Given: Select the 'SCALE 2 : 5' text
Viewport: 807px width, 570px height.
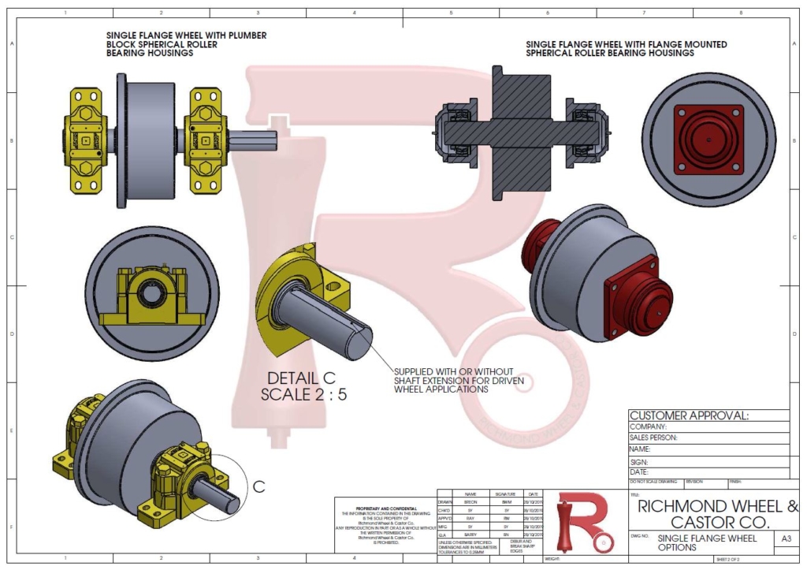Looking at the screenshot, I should (304, 394).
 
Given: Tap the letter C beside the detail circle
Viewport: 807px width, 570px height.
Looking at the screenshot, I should (258, 486).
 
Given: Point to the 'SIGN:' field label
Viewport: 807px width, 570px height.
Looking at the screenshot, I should (639, 461).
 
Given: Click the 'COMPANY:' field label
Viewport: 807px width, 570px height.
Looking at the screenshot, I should (649, 427).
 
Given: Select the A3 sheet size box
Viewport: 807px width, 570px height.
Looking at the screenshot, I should (785, 538).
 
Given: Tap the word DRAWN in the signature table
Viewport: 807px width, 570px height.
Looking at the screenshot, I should (447, 501).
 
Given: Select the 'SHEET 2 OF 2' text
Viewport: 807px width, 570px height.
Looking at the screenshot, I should (732, 559).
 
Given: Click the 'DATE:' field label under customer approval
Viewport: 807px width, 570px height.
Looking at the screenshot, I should (639, 472).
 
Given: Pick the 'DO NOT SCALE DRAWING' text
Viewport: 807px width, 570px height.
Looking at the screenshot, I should (653, 481).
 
